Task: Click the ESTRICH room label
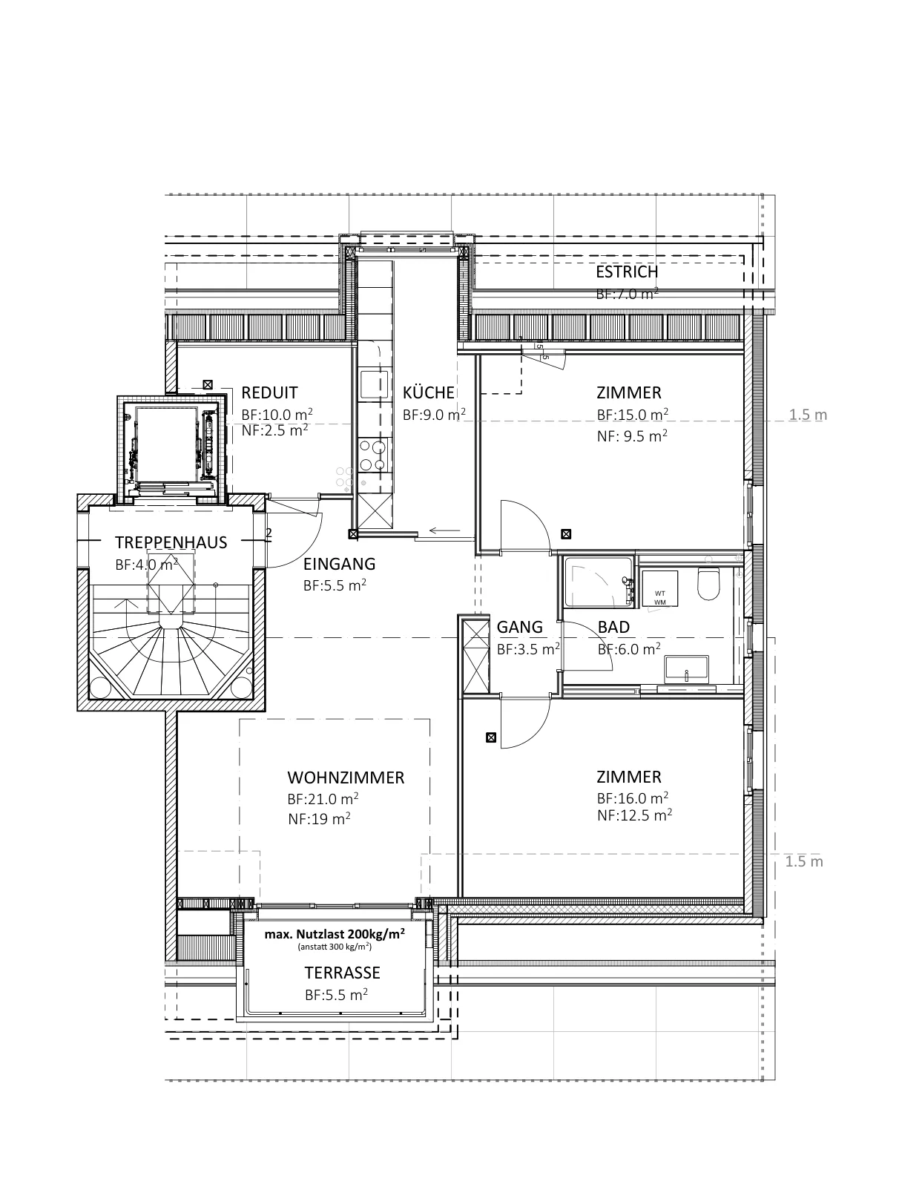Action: (x=626, y=272)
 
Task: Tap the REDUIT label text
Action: (x=270, y=392)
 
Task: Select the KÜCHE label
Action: (x=429, y=392)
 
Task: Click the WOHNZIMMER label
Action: (x=346, y=777)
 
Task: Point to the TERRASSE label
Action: (x=342, y=973)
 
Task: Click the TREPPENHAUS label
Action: (x=171, y=542)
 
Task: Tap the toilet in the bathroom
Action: (x=708, y=583)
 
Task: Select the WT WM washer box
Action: (x=660, y=588)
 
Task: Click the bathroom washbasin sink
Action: (x=686, y=670)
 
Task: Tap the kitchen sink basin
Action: (x=374, y=384)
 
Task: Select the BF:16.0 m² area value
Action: (x=633, y=798)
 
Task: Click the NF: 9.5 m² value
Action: (x=632, y=436)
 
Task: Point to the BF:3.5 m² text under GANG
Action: (x=528, y=649)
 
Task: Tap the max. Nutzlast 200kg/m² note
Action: (x=335, y=934)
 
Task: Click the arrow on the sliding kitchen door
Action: (x=444, y=530)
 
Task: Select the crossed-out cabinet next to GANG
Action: (x=476, y=656)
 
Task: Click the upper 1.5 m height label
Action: (x=808, y=415)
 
